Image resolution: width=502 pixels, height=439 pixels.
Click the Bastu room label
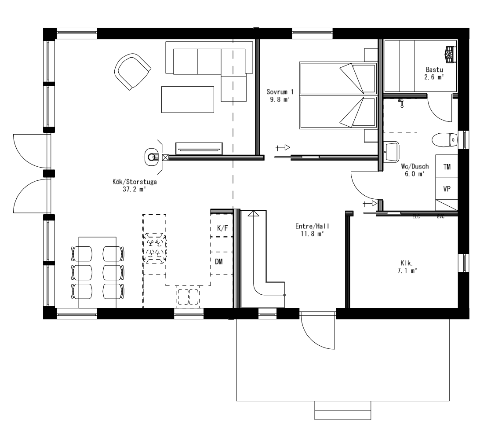[x=434, y=73]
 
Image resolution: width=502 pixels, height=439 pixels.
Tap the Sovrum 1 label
[x=280, y=95]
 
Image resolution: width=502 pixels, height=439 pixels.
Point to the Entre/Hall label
[x=312, y=230]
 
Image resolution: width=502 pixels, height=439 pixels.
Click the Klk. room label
[x=406, y=267]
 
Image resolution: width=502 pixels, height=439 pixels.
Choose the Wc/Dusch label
[x=412, y=170]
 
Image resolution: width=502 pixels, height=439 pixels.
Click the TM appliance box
[x=447, y=167]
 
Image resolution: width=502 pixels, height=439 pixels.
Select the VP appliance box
[x=447, y=189]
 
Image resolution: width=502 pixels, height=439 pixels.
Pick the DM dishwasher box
[x=219, y=262]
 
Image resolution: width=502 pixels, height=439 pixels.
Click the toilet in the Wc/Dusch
[x=444, y=140]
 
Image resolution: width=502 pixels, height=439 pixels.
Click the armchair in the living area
[x=131, y=71]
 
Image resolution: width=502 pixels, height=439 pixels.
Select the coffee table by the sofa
[x=188, y=99]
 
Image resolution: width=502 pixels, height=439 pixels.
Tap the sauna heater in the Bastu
[x=449, y=53]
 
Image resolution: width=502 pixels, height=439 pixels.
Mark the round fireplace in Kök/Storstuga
[x=153, y=157]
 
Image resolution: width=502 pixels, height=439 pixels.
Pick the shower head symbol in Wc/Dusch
[x=400, y=103]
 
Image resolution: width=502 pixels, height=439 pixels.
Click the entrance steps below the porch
[x=342, y=410]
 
